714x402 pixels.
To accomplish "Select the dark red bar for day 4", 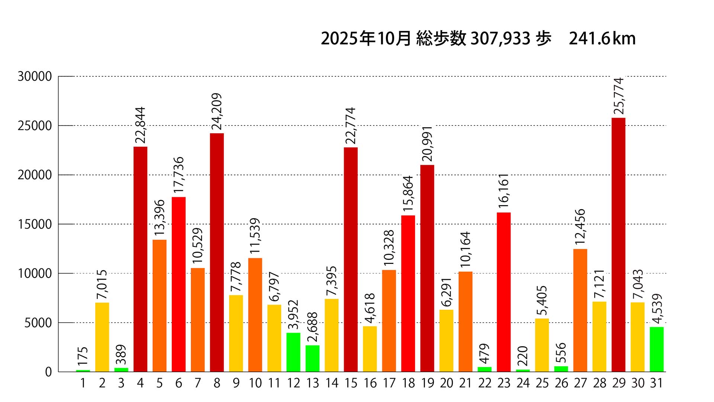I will pyautogui.click(x=141, y=259).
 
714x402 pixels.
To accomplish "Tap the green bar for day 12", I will pyautogui.click(x=293, y=352).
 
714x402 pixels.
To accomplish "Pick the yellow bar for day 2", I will pyautogui.click(x=102, y=337).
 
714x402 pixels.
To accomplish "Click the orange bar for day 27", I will pyautogui.click(x=580, y=310).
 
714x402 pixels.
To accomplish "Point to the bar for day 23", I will pyautogui.click(x=504, y=292).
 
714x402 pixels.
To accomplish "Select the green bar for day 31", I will pyautogui.click(x=657, y=349).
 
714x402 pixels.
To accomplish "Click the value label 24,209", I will pyautogui.click(x=217, y=111).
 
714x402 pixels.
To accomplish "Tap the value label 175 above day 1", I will pyautogui.click(x=83, y=356).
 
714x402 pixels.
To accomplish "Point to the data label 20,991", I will pyautogui.click(x=427, y=144).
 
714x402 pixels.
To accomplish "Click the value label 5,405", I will pyautogui.click(x=542, y=300).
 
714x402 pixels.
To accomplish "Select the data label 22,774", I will pyautogui.click(x=351, y=125).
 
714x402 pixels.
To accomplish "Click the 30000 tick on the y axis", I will pyautogui.click(x=35, y=77).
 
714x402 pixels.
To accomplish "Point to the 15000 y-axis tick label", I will pyautogui.click(x=35, y=224).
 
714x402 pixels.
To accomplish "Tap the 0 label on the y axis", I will pyautogui.click(x=49, y=372).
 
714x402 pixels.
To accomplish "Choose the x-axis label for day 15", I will pyautogui.click(x=351, y=383).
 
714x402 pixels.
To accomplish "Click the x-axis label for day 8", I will pyautogui.click(x=217, y=383).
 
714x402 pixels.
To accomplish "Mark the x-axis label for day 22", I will pyautogui.click(x=485, y=383).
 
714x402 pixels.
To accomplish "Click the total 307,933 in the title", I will pyautogui.click(x=500, y=39).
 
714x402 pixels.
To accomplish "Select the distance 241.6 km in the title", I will pyautogui.click(x=602, y=39).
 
